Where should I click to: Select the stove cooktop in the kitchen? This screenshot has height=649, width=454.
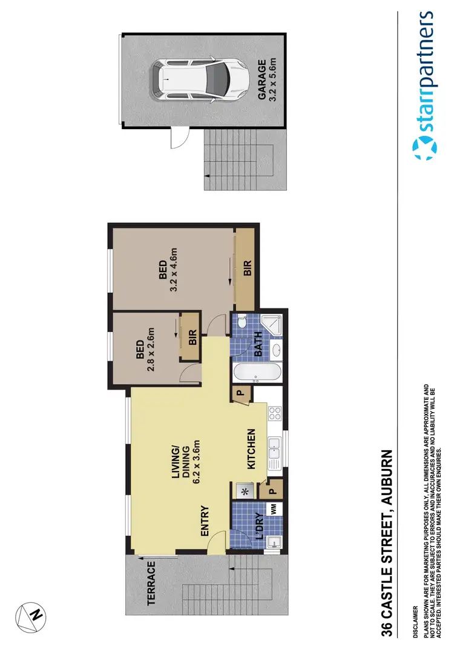coord(275,414)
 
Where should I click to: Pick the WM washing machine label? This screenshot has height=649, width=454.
coord(274,510)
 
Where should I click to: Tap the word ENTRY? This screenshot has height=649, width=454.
coord(204,521)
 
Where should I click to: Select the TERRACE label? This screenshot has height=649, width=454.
coord(151,584)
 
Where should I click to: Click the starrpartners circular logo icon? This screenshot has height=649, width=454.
coord(424,148)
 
